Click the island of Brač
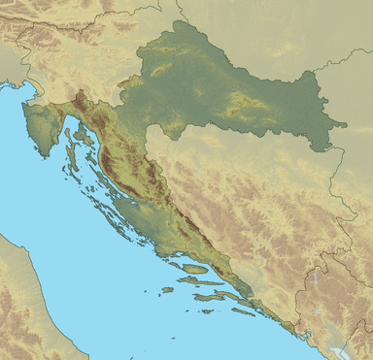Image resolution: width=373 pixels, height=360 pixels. (193, 268)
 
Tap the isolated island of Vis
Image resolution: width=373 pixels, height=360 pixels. (167, 289)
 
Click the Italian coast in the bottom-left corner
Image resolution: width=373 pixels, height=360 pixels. (19, 291)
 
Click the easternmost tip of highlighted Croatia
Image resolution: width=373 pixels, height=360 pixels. (346, 123)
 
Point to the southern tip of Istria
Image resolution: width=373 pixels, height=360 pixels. (44, 143)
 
